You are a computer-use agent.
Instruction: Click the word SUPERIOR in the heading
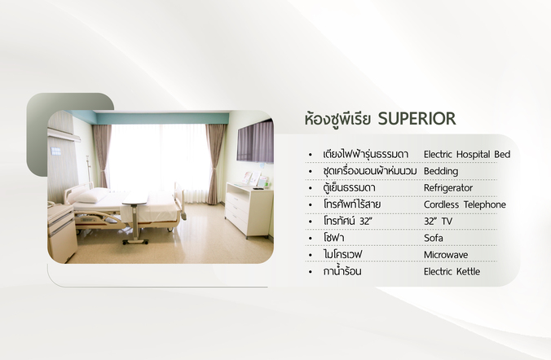[x=417, y=119]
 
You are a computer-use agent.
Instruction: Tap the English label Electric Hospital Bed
[x=467, y=155]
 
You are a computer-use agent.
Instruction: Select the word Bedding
[x=441, y=171]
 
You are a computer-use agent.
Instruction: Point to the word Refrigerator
[x=448, y=188]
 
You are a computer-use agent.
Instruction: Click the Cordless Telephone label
[x=465, y=204]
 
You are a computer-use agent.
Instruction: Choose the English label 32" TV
[x=438, y=222]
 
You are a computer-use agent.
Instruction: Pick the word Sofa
[x=434, y=238]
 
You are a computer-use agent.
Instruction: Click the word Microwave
[x=446, y=255]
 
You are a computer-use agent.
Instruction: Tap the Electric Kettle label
[x=452, y=271]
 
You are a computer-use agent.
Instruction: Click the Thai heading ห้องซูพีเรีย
[x=337, y=119]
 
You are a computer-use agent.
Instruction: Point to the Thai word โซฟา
[x=333, y=238]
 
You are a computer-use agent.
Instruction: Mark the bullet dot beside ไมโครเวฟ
[x=310, y=255]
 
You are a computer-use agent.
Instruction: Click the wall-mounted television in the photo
[x=255, y=142]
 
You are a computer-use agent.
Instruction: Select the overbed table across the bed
[x=135, y=217]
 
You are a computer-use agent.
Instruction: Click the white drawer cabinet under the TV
[x=249, y=209]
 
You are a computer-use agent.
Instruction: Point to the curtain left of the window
[x=102, y=156]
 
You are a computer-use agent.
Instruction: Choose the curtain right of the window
[x=214, y=164]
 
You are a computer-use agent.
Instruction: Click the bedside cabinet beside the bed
[x=61, y=232]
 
